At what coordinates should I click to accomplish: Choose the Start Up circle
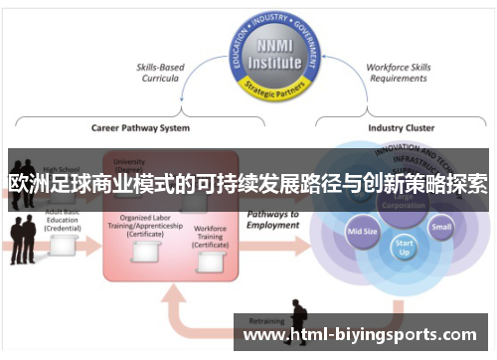click(403, 245)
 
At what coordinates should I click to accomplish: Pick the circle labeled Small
click(440, 226)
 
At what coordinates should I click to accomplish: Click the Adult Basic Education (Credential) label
click(61, 223)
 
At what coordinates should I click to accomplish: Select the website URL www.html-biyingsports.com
click(360, 334)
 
